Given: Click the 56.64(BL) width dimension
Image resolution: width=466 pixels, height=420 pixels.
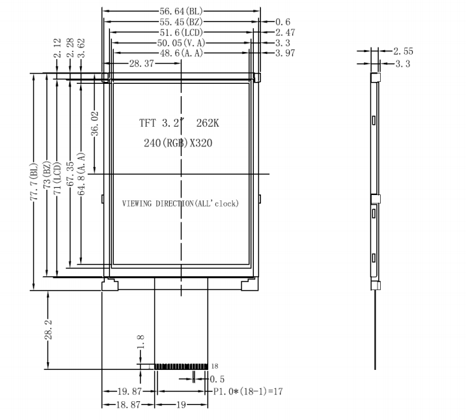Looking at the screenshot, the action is [181, 11].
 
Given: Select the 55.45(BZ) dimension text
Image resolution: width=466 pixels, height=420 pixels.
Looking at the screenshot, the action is [181, 21].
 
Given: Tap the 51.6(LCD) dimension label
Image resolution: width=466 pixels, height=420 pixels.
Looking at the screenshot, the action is [181, 33].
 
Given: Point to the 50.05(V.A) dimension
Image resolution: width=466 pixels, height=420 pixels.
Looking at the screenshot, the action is [181, 43].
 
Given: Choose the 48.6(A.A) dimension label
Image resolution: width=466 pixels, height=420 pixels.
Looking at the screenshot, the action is [182, 53].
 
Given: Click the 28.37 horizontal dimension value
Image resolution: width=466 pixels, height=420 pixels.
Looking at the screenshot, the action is [141, 64].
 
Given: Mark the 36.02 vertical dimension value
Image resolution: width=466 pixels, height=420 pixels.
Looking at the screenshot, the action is [94, 124].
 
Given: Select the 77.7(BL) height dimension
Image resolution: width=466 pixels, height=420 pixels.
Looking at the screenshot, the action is [34, 181].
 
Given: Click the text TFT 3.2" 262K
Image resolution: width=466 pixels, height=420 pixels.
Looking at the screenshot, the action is [179, 123].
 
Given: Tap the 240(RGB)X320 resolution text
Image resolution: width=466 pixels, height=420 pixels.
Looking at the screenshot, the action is [178, 143].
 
